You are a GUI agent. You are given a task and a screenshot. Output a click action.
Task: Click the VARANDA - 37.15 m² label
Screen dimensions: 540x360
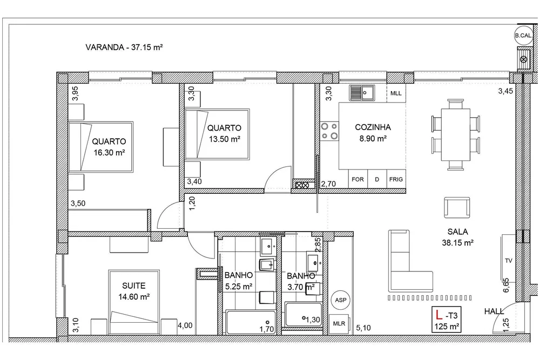click(x=124, y=47)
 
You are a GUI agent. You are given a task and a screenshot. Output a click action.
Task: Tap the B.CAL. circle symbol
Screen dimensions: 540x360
click(x=523, y=36)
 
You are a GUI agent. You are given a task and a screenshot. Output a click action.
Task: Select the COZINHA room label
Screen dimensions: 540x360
click(x=373, y=127)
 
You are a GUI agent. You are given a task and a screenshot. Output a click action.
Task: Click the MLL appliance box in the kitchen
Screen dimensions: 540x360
click(x=396, y=93)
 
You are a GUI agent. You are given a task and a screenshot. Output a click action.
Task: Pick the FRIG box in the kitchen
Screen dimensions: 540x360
click(x=396, y=179)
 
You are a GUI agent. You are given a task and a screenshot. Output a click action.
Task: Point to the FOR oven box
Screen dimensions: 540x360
click(x=358, y=179)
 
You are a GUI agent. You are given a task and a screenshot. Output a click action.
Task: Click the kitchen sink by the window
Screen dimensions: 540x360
click(x=362, y=93)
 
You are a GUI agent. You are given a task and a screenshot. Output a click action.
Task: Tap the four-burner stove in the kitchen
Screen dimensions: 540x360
click(x=329, y=131)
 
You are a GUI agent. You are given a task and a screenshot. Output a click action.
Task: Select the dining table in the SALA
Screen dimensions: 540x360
click(x=456, y=134)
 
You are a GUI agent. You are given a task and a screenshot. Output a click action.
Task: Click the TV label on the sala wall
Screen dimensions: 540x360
click(x=508, y=261)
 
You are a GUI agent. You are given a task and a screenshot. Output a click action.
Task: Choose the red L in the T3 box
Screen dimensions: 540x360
click(x=438, y=315)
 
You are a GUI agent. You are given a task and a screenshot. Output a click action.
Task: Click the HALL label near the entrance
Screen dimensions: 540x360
click(x=494, y=311)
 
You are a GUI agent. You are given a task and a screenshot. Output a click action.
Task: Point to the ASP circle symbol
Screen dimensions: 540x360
click(x=341, y=300)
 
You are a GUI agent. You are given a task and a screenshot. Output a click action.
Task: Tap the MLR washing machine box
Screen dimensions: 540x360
click(x=339, y=323)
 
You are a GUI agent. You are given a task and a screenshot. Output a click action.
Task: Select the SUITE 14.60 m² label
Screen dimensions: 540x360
click(x=134, y=291)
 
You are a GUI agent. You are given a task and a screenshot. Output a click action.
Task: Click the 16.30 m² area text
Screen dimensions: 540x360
click(x=109, y=153)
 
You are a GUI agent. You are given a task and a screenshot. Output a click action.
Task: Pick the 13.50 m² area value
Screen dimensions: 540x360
click(x=225, y=139)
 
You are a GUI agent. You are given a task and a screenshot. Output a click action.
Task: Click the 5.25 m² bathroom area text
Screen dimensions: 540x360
click(x=239, y=287)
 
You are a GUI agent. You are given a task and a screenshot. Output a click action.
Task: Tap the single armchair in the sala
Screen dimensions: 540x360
click(x=457, y=208)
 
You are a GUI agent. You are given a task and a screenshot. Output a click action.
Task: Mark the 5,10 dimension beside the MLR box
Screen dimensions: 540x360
click(x=363, y=328)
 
